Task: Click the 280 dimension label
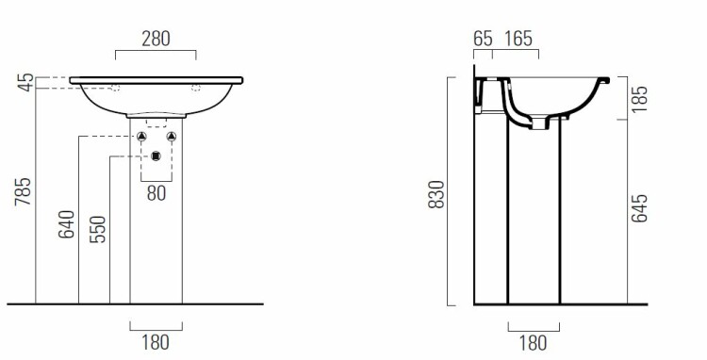point(156,40)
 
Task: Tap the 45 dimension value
point(26,82)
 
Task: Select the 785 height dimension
point(23,191)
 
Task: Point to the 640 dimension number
point(66,224)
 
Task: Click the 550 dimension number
point(97,229)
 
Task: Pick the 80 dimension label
point(156,193)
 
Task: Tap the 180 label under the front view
point(156,342)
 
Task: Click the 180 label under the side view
point(534,343)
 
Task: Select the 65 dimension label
point(483,40)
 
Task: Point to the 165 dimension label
point(518,40)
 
